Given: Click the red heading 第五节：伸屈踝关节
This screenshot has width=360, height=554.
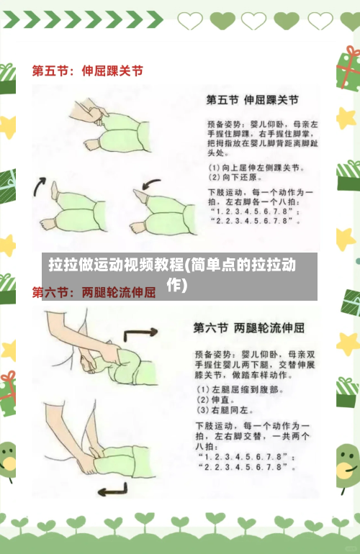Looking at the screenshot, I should click(x=87, y=71).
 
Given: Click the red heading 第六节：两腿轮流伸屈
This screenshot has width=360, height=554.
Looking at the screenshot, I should click(x=94, y=293).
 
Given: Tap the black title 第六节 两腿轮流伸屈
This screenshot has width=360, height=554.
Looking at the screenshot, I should click(x=248, y=327).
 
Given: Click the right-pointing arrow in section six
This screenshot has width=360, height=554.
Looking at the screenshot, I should click(x=141, y=335).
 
